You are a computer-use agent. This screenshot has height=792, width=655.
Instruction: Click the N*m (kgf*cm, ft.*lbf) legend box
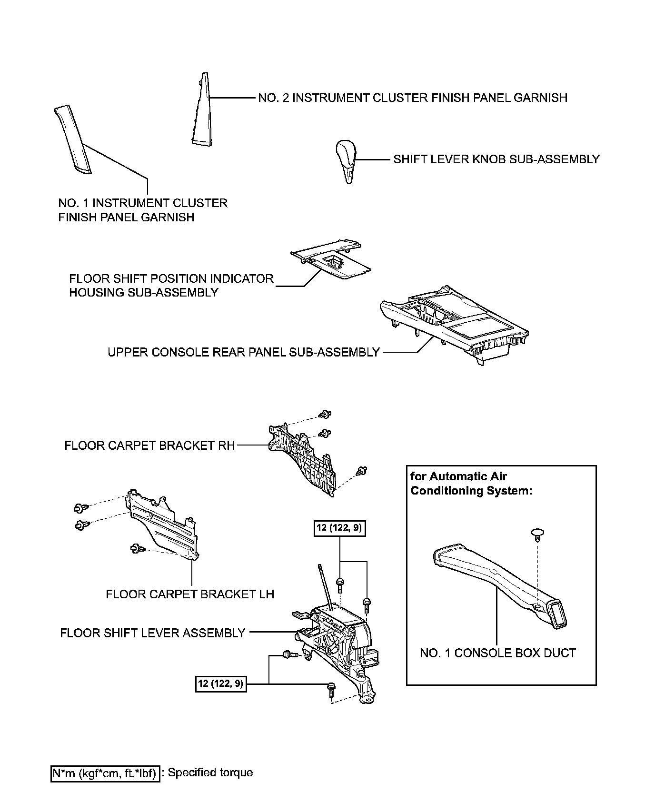click(104, 773)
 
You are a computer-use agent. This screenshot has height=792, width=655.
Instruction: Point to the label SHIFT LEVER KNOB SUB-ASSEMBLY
click(496, 159)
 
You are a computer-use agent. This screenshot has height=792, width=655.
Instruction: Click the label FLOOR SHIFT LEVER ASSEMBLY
click(153, 633)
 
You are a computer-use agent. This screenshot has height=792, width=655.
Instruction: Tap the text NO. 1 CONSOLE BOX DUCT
click(498, 653)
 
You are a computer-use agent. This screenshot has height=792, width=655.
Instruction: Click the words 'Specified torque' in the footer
click(210, 772)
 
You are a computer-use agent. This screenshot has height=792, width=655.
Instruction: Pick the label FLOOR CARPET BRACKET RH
click(149, 445)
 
